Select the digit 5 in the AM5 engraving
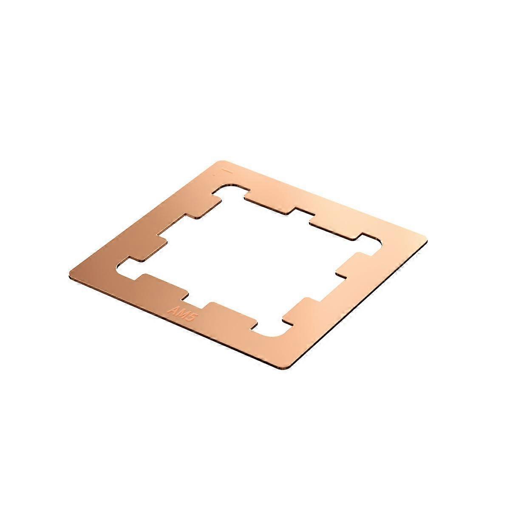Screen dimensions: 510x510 [189, 319]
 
